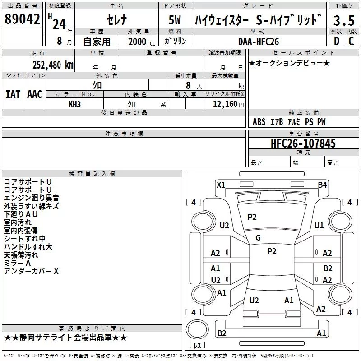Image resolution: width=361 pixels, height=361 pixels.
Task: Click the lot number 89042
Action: coord(22,20)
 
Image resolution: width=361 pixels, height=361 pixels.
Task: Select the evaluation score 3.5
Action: coord(343,20)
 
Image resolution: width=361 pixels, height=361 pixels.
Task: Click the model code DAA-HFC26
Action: coord(259,42)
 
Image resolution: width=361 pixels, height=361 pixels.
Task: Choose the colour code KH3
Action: coord(74,104)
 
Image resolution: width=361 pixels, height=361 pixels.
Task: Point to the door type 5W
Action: coord(176,21)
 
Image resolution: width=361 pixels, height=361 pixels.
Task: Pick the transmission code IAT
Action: coord(13,94)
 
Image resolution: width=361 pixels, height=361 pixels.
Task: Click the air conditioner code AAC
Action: coord(35,94)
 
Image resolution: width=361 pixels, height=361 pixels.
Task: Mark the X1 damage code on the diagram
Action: coord(221,185)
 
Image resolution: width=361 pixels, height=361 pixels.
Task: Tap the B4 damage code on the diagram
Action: coord(322,185)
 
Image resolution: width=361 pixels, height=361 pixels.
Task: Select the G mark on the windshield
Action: coord(258,238)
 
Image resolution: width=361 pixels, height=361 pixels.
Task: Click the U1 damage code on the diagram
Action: coord(319,225)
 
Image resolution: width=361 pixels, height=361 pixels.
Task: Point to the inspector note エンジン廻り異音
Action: coord(31,198)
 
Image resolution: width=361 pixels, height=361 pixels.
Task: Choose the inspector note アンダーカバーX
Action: coord(31,271)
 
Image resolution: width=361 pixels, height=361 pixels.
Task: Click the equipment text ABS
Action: coord(259,122)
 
